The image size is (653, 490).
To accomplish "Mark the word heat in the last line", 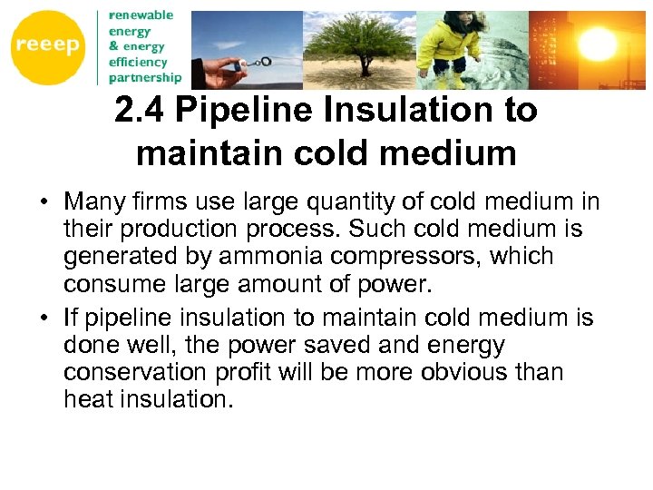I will click(x=88, y=400).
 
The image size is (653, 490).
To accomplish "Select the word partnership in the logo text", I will click(x=144, y=77).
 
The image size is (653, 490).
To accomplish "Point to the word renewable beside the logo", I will click(x=141, y=15).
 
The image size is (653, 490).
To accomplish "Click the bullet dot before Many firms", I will click(x=44, y=201).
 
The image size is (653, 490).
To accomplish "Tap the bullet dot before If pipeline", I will click(x=44, y=318).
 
